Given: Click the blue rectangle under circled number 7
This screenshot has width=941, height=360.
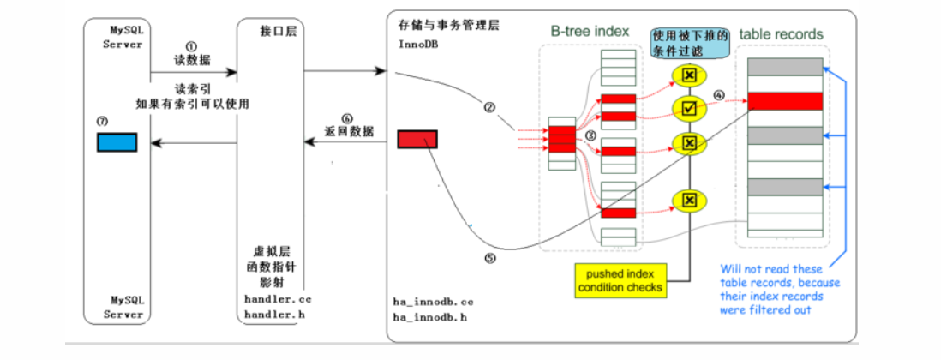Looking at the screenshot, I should tap(116, 141).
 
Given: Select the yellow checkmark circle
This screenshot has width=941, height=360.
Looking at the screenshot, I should tap(687, 108).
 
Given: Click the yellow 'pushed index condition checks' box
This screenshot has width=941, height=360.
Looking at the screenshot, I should tap(620, 281).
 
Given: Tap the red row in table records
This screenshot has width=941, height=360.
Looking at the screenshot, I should tap(785, 101).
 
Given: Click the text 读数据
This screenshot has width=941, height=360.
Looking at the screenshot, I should tap(193, 60).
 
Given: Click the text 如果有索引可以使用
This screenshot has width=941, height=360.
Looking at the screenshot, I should tap(193, 104).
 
